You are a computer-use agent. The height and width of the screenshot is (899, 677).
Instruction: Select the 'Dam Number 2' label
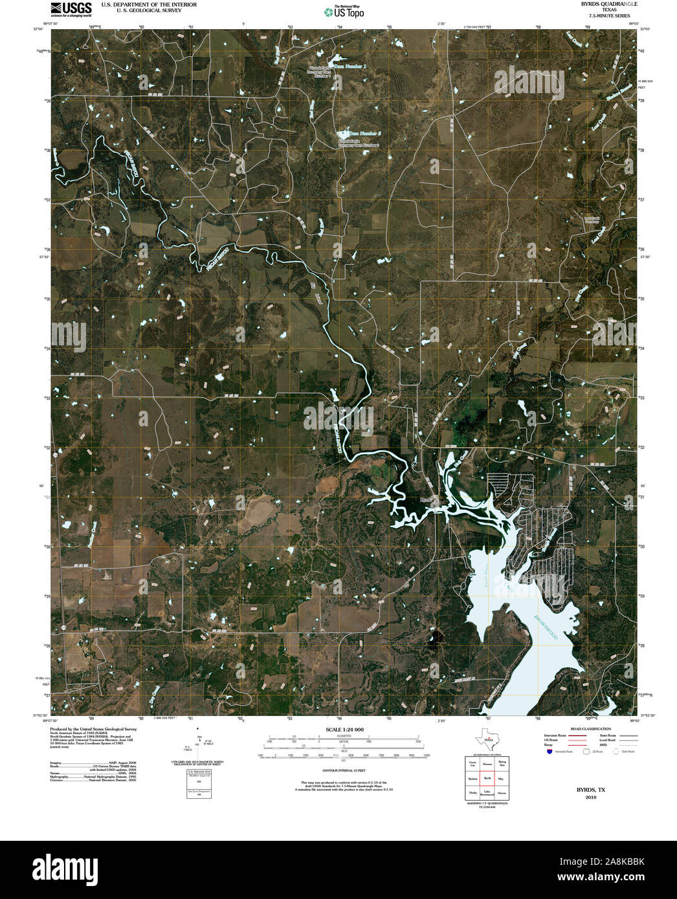coord(361,133)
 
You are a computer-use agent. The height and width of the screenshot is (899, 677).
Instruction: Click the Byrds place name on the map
coord(425,499)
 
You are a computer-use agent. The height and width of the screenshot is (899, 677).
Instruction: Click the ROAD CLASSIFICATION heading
coord(586,729)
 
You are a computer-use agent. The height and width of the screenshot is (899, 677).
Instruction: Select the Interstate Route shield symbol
coord(549,752)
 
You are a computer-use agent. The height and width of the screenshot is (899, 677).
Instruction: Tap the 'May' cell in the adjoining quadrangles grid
coord(502,779)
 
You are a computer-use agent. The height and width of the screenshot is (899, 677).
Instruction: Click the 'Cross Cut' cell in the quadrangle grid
coord(472,764)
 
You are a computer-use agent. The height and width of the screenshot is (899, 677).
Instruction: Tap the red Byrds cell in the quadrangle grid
coord(487,779)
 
